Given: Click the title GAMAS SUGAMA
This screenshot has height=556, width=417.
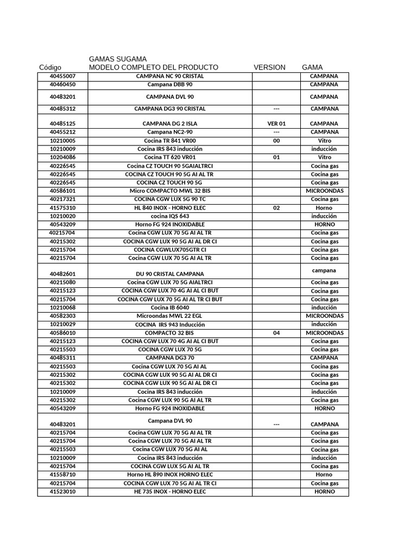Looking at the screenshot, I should (x=117, y=59).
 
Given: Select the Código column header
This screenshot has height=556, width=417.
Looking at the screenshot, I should (x=50, y=67).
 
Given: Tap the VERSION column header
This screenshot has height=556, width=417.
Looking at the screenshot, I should (x=269, y=67).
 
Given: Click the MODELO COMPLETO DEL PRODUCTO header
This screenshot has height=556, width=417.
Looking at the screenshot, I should (x=154, y=67).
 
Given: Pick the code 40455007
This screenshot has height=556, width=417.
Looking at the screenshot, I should (x=62, y=76).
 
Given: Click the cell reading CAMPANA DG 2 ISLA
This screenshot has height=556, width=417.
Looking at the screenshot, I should (x=169, y=123).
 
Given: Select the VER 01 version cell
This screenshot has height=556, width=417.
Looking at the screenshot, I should (x=276, y=123).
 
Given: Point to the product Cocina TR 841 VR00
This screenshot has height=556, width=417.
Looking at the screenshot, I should (x=169, y=140).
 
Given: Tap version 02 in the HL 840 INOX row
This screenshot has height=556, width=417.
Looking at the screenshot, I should (x=276, y=208).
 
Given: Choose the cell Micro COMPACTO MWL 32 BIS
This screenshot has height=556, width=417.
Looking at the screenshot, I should (x=169, y=191).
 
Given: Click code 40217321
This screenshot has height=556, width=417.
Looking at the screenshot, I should (x=62, y=199).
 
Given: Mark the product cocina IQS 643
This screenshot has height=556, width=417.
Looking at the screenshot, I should (x=169, y=216).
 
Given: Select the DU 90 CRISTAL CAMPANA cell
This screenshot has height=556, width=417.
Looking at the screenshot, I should (x=169, y=274).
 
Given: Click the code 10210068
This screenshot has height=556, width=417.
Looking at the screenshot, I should (x=62, y=307).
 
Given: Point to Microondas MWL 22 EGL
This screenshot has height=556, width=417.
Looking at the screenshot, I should (x=169, y=315).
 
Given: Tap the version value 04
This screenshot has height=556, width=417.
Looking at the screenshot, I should (x=276, y=333).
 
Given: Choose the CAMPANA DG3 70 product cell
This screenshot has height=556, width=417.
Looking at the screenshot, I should (x=169, y=358).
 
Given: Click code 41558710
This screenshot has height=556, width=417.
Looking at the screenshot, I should (x=62, y=475).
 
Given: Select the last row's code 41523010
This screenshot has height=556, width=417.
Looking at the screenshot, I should (x=62, y=491).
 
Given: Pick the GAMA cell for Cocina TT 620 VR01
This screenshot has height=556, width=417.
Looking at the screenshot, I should (x=324, y=157).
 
